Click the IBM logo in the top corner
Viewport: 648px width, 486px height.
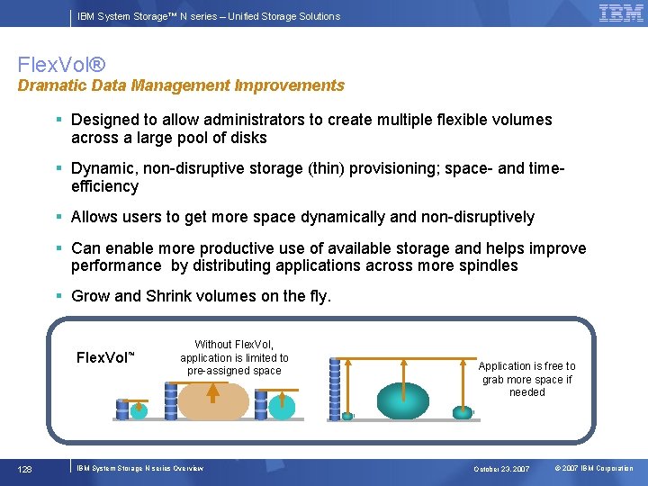(x=621, y=13)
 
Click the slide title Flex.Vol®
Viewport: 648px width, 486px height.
(x=61, y=65)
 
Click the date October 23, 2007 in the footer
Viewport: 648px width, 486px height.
(x=503, y=469)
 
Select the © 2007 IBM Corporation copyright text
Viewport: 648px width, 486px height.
(x=594, y=469)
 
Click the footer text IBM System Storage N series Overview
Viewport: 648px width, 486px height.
(x=139, y=468)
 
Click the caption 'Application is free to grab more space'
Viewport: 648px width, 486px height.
(x=526, y=379)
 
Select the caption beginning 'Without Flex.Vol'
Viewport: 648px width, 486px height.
(x=234, y=357)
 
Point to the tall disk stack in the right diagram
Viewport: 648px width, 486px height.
(x=335, y=389)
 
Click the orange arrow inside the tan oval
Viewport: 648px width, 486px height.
(x=213, y=392)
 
